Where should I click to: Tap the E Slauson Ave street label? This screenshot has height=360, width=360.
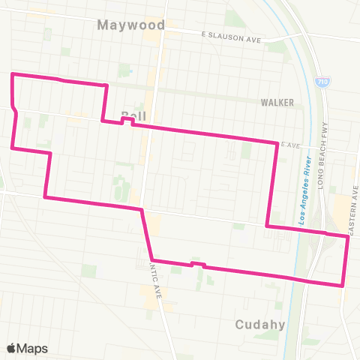click(232, 35)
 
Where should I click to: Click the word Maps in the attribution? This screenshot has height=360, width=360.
click(33, 348)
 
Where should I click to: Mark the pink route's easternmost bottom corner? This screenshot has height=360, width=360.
click(343, 286)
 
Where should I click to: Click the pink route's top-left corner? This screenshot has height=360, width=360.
click(11, 75)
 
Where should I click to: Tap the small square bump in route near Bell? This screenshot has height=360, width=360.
click(126, 119)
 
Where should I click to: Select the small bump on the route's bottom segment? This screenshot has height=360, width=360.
click(198, 264)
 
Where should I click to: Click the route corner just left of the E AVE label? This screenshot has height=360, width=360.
click(277, 142)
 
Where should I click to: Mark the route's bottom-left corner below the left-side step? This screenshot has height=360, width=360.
click(46, 197)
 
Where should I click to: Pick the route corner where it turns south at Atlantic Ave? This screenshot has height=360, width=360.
click(142, 209)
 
